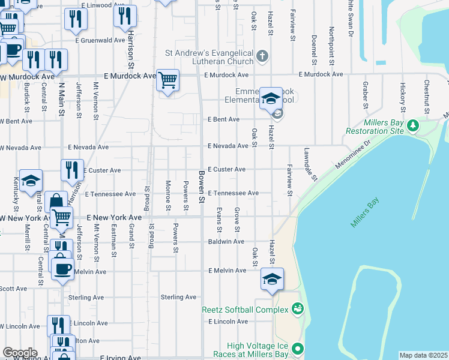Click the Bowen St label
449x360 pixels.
[202, 186]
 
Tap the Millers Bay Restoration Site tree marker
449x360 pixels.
[412, 125]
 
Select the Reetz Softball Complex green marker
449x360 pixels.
[297, 309]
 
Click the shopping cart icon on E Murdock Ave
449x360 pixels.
[168, 79]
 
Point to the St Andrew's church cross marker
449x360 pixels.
[262, 56]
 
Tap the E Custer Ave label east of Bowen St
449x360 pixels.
[227, 170]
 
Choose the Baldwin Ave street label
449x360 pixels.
[226, 242]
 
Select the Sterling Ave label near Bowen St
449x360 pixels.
[178, 297]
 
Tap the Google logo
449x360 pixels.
[20, 353]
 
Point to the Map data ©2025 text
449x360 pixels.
[424, 355]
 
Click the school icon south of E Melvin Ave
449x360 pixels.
[272, 279]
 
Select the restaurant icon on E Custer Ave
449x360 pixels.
[72, 170]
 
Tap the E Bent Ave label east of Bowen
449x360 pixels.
[224, 119]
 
